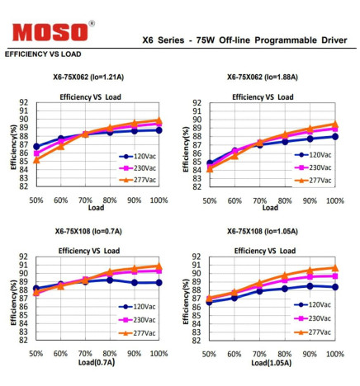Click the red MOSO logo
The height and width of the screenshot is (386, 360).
click(50, 32)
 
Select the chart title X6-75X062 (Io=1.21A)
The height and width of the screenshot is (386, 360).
click(90, 78)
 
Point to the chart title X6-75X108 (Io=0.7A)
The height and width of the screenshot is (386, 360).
click(90, 232)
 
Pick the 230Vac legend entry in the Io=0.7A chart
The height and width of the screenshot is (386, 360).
click(141, 319)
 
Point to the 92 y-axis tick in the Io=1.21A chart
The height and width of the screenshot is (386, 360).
click(23, 103)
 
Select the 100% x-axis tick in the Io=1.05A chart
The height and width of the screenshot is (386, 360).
click(334, 354)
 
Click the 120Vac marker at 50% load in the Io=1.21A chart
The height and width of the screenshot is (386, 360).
click(36, 147)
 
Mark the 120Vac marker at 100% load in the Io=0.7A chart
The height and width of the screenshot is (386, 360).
click(159, 282)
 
